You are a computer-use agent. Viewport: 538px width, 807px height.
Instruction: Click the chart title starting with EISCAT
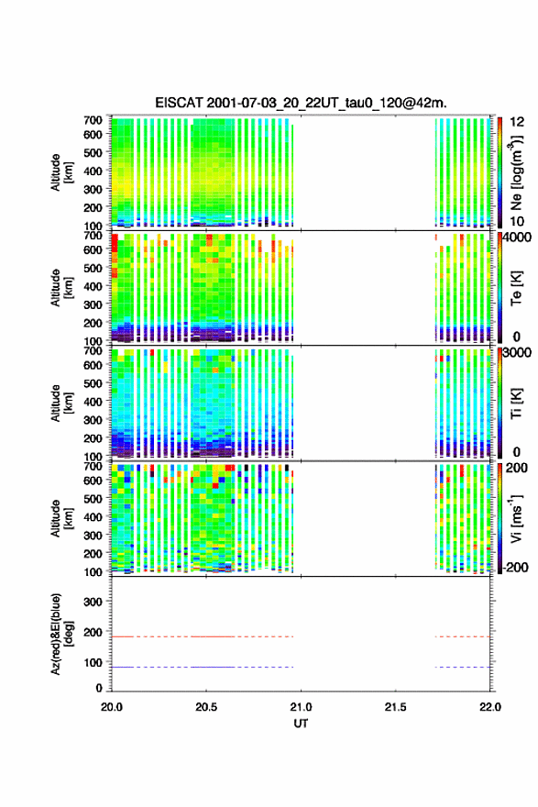(x=301, y=103)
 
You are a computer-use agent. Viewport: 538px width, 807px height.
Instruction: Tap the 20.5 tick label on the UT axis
(x=206, y=707)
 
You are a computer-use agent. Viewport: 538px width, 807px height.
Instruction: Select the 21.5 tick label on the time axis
(x=395, y=707)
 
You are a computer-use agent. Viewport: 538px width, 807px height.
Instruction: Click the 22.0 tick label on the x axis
(x=490, y=707)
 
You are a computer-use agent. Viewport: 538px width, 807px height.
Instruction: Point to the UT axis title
(x=301, y=724)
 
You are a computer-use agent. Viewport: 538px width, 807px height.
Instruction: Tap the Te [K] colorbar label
(x=516, y=288)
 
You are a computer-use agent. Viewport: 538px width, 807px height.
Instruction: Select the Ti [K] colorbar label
(x=516, y=403)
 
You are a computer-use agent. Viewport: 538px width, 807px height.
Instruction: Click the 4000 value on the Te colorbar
(x=518, y=238)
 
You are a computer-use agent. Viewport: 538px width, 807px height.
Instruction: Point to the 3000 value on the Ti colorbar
(x=518, y=352)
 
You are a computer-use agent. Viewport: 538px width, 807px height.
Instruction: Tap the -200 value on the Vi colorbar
(x=514, y=567)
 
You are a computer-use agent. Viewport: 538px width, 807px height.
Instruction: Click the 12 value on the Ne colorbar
(x=517, y=122)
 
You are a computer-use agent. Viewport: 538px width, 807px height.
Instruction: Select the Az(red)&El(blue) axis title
(x=61, y=634)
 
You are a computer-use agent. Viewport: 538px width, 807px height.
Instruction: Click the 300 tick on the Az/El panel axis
(x=93, y=602)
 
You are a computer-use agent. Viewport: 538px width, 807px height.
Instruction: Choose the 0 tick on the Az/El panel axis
(x=99, y=688)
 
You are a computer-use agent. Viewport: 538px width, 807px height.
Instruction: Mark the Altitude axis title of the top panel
(x=61, y=172)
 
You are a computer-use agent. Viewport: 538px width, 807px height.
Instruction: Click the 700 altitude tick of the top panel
(x=93, y=120)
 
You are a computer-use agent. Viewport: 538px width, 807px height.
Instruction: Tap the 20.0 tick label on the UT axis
(x=112, y=707)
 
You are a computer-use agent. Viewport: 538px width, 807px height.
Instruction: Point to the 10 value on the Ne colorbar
(x=517, y=221)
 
